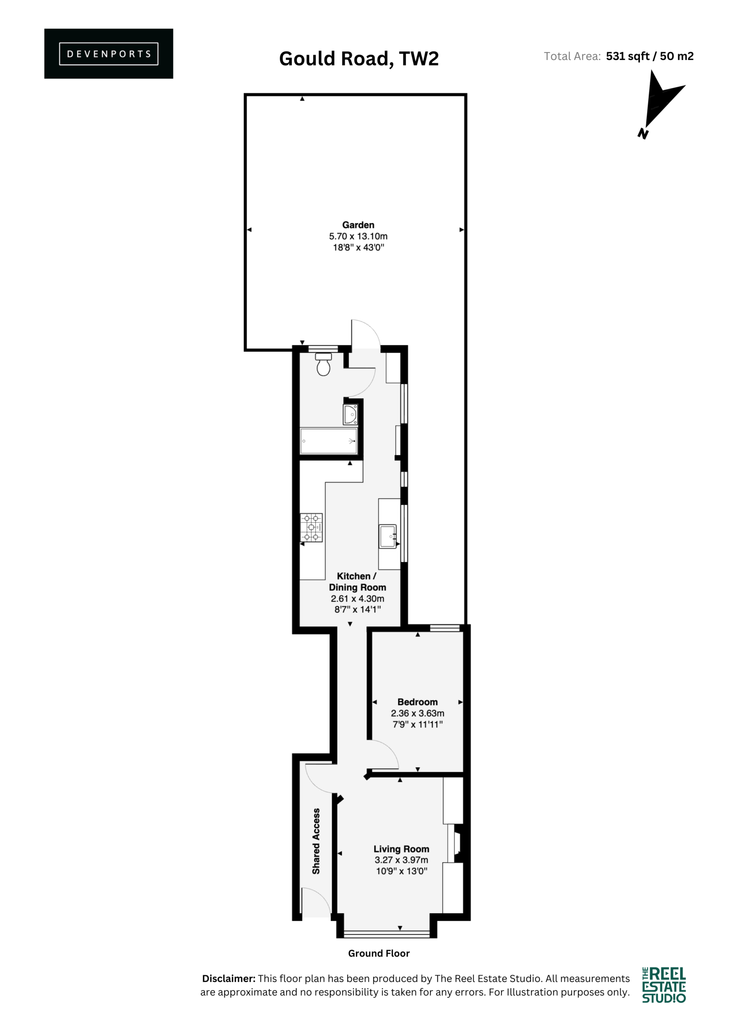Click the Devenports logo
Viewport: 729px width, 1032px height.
click(108, 54)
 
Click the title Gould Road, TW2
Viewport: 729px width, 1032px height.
click(358, 59)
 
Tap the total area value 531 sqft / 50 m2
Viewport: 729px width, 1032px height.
click(650, 56)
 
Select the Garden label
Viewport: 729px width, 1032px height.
click(358, 225)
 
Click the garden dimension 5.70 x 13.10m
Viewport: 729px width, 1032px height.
click(358, 236)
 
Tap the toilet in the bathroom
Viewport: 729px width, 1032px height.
click(323, 364)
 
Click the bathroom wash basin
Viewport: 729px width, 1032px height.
click(350, 415)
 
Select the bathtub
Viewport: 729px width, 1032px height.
click(329, 441)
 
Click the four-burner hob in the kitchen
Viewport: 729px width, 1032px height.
click(311, 528)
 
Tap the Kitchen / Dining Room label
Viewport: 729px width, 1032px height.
click(357, 582)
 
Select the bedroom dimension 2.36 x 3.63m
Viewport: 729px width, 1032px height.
click(417, 713)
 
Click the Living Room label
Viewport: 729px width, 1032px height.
click(401, 849)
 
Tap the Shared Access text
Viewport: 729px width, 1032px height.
click(316, 841)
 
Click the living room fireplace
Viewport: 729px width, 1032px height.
click(456, 843)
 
